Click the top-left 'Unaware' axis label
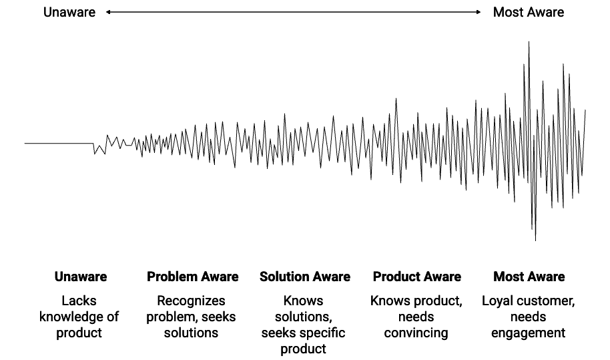click(69, 12)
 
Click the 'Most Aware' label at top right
click(528, 12)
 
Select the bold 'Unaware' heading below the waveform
click(81, 277)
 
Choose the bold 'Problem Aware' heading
click(192, 277)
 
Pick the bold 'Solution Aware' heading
click(304, 277)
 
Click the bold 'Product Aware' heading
click(416, 277)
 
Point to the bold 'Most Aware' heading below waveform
click(529, 277)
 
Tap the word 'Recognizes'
click(191, 301)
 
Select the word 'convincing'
click(416, 333)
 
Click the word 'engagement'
click(529, 333)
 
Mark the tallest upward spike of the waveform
click(529, 43)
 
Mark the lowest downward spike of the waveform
click(535, 239)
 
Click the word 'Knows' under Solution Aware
click(303, 301)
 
